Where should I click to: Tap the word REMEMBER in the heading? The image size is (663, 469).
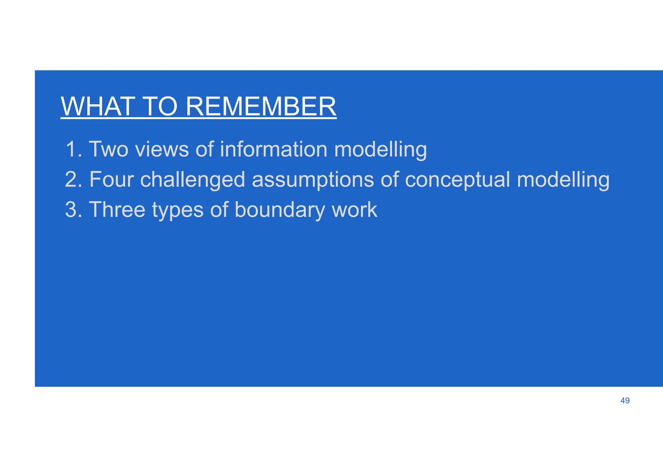click(261, 107)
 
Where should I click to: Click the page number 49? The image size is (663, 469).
click(625, 401)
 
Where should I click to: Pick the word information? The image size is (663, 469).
click(274, 149)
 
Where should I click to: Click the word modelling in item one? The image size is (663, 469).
click(380, 150)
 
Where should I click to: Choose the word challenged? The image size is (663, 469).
click(193, 180)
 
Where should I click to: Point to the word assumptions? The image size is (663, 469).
click(313, 180)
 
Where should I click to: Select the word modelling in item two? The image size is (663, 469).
click(563, 180)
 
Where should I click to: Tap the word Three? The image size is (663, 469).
click(117, 209)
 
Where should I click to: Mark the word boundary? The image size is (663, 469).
click(279, 210)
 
